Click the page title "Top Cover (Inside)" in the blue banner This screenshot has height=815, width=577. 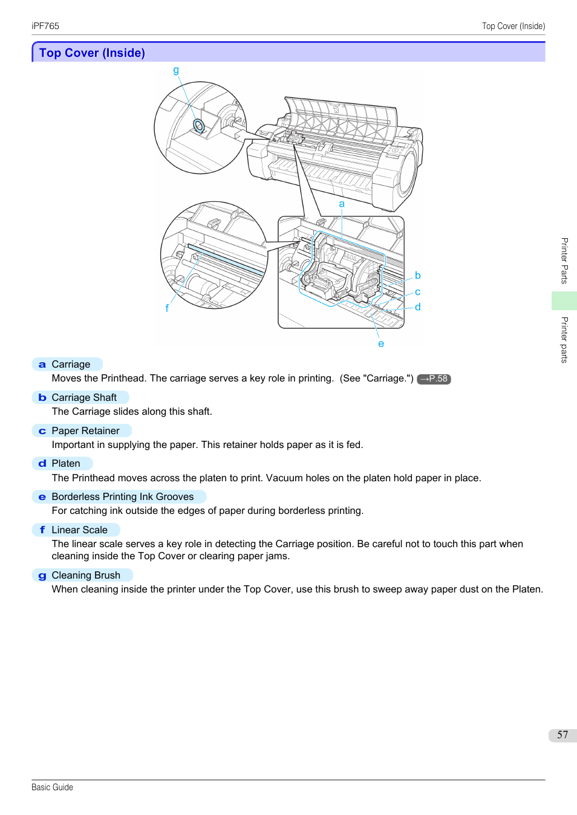92,53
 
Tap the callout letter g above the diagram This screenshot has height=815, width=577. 176,70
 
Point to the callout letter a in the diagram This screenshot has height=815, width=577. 342,204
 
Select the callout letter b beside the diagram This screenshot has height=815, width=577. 417,276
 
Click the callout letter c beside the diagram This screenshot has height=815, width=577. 417,292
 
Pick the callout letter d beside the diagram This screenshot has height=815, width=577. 417,307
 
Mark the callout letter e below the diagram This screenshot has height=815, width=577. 381,344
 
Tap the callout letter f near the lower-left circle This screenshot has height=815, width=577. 167,308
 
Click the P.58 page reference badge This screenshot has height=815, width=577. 434,379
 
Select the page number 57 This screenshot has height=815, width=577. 562,735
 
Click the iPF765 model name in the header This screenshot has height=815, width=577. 45,26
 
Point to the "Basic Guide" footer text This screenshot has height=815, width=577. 52,787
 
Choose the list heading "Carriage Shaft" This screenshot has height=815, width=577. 84,397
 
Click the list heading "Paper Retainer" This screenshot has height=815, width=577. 85,430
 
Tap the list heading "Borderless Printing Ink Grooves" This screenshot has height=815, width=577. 123,496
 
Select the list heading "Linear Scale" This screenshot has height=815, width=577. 79,530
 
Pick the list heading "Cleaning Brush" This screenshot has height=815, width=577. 86,575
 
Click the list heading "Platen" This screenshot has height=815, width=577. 66,463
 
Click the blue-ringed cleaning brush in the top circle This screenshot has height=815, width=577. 198,126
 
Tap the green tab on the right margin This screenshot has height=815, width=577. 564,300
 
